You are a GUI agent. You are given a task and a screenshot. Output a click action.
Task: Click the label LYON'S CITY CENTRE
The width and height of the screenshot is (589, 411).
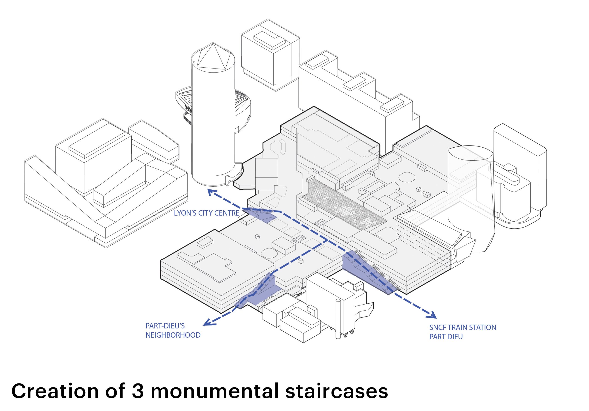coord(207,213)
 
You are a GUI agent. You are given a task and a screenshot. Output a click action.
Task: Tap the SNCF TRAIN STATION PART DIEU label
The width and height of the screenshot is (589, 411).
coord(462,332)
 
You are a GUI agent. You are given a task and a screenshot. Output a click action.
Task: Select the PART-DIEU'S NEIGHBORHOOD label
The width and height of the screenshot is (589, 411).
coord(173,331)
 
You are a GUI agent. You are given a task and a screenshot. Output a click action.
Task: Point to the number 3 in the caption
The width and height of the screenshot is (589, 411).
coord(138,391)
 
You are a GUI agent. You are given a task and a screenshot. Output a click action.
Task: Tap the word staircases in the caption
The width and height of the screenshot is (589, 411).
coord(337,391)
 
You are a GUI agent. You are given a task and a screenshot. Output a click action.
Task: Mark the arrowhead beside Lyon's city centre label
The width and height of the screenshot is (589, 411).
coord(212,193)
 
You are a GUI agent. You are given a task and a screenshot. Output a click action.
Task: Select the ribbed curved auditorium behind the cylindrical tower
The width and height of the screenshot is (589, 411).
coord(241,110)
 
